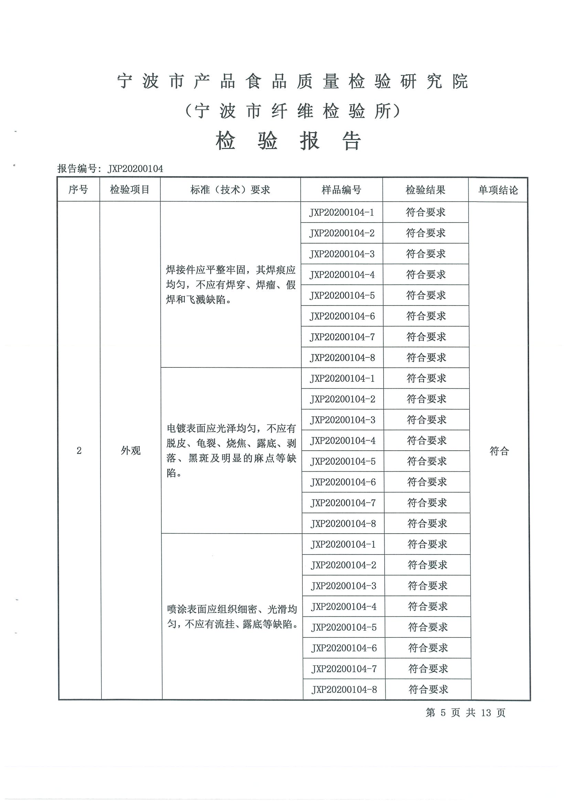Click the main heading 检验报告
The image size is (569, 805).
click(x=288, y=141)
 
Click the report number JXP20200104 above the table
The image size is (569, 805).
click(x=135, y=169)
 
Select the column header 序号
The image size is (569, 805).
click(x=78, y=190)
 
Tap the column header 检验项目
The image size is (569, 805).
click(x=130, y=190)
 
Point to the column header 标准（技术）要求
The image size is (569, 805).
click(x=230, y=190)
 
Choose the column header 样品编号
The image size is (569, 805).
click(x=341, y=190)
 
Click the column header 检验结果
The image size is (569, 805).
click(x=425, y=190)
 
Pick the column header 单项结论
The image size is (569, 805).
click(x=498, y=190)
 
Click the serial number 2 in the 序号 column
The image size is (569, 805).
click(x=79, y=451)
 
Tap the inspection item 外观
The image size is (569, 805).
click(x=131, y=451)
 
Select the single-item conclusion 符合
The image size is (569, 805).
click(x=499, y=451)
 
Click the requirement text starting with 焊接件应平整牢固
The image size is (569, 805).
click(x=231, y=285)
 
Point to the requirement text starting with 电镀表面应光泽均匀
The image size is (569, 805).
click(x=231, y=451)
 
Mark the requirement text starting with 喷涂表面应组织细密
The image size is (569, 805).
click(x=232, y=617)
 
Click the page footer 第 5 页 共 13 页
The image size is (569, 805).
click(x=465, y=712)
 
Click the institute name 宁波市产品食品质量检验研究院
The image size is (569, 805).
click(x=292, y=82)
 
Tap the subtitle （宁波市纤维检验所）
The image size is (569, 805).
click(x=292, y=111)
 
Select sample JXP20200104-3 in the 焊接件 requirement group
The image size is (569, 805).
click(x=342, y=254)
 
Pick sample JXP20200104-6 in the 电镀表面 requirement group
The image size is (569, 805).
click(x=343, y=482)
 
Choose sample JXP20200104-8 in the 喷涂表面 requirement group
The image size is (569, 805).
click(x=344, y=690)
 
